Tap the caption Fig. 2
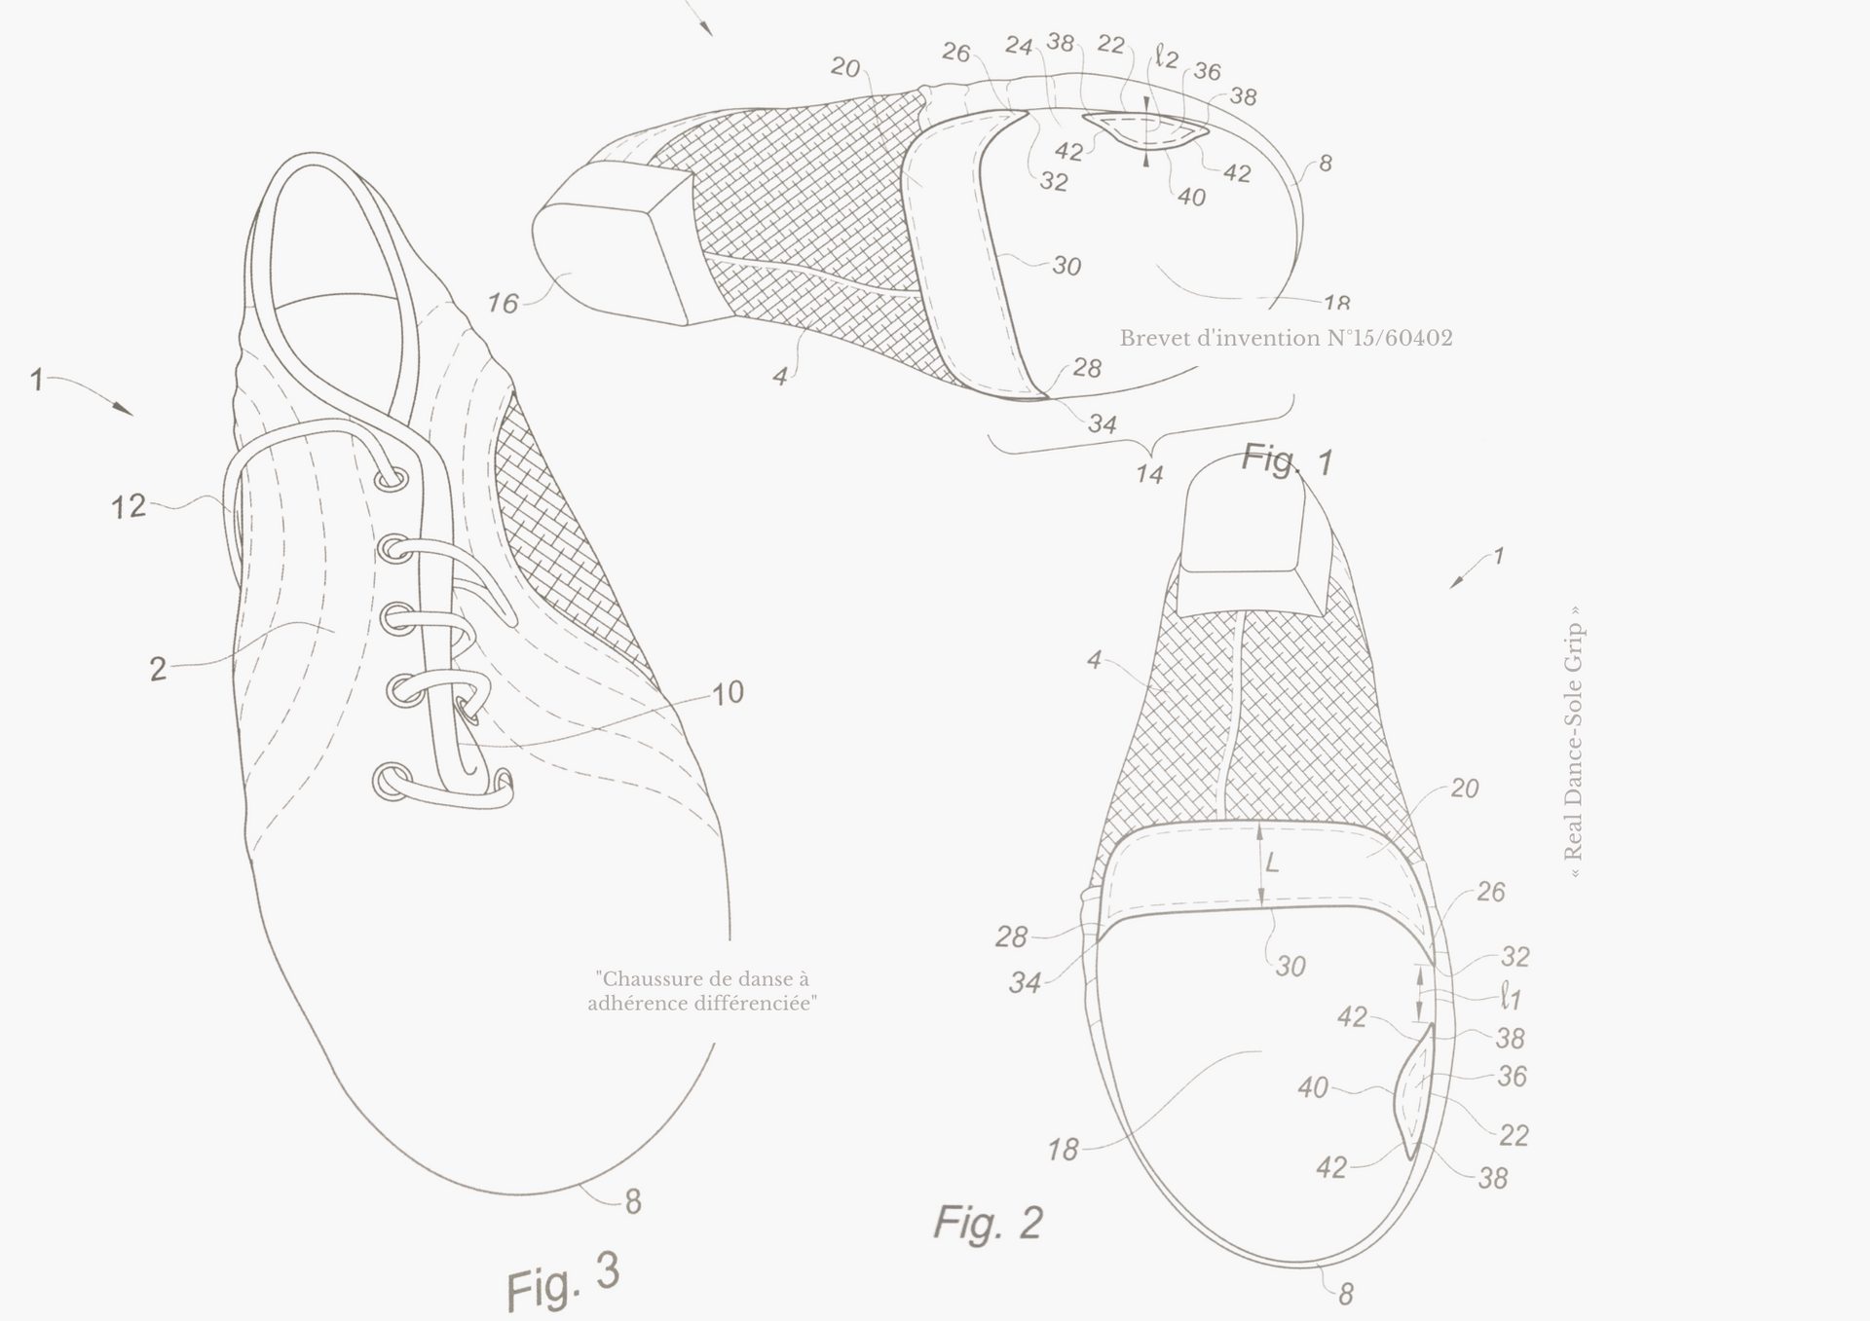pyautogui.click(x=989, y=1222)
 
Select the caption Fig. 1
pyautogui.click(x=1287, y=459)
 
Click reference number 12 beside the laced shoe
pyautogui.click(x=129, y=506)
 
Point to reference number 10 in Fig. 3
pyautogui.click(x=728, y=692)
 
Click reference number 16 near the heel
pyautogui.click(x=503, y=304)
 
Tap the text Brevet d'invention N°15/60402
pyautogui.click(x=1286, y=338)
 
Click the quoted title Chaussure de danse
pyautogui.click(x=702, y=991)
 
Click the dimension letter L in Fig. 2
pyautogui.click(x=1272, y=863)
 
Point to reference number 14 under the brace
pyautogui.click(x=1149, y=474)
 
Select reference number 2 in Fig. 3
pyautogui.click(x=158, y=670)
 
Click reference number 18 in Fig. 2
pyautogui.click(x=1063, y=1151)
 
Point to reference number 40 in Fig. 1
pyautogui.click(x=1191, y=198)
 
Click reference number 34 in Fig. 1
pyautogui.click(x=1102, y=423)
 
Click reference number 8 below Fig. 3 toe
pyautogui.click(x=633, y=1203)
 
